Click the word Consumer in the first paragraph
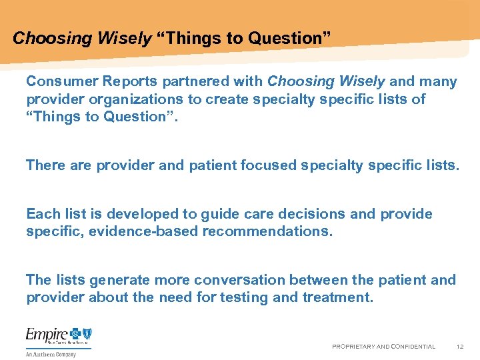pos(56,82)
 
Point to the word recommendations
pos(267,231)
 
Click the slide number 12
pos(460,347)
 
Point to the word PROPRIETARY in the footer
pos(355,347)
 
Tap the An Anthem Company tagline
pos(51,354)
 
